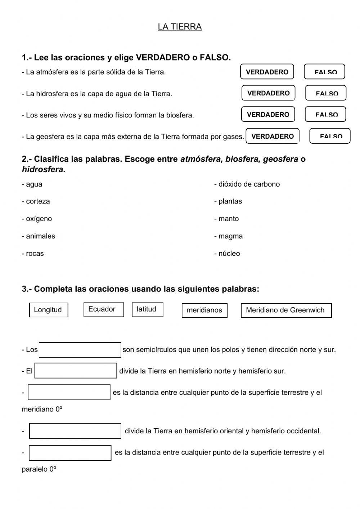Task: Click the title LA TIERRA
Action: [180, 27]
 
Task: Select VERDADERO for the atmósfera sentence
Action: [267, 72]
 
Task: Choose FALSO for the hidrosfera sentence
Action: [326, 93]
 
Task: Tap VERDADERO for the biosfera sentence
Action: [268, 114]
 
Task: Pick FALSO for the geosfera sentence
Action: [330, 136]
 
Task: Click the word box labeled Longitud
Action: [48, 310]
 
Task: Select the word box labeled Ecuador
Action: [103, 309]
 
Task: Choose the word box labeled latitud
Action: [147, 309]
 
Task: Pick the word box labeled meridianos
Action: [204, 310]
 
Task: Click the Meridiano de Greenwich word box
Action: [286, 310]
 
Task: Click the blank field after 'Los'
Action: [80, 350]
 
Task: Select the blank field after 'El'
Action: [76, 371]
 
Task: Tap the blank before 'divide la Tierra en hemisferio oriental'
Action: [75, 431]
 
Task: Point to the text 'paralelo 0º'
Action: [39, 469]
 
